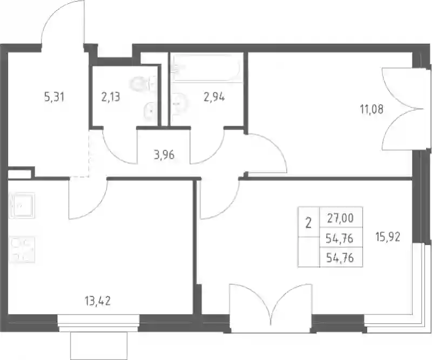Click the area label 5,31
[55, 97]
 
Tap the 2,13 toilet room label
[111, 97]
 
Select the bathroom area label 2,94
[214, 97]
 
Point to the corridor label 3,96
[164, 155]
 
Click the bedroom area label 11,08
[372, 110]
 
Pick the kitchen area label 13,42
[98, 301]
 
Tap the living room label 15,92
[388, 236]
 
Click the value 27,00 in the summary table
[340, 218]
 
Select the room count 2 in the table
[308, 223]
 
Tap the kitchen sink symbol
[22, 206]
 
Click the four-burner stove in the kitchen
[23, 249]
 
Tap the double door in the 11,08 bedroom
[401, 109]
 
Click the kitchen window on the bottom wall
[98, 323]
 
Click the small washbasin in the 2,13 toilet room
[150, 112]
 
